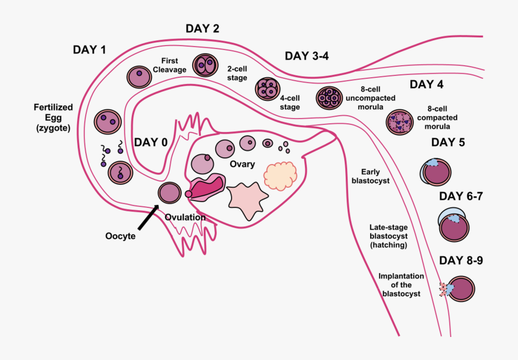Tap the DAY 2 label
tap(202, 28)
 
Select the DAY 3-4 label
tap(307, 56)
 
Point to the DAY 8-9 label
tap(460, 260)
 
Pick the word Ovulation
tap(185, 217)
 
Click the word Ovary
tap(242, 164)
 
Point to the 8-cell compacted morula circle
tap(399, 122)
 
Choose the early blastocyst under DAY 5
tap(436, 172)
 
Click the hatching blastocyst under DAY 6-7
tap(455, 226)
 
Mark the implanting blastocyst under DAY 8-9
tap(459, 289)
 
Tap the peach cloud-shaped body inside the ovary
tap(280, 175)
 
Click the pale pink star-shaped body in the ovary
tap(248, 198)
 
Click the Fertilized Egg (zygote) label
tap(51, 118)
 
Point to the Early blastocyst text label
tap(371, 176)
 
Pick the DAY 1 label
tap(89, 50)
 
